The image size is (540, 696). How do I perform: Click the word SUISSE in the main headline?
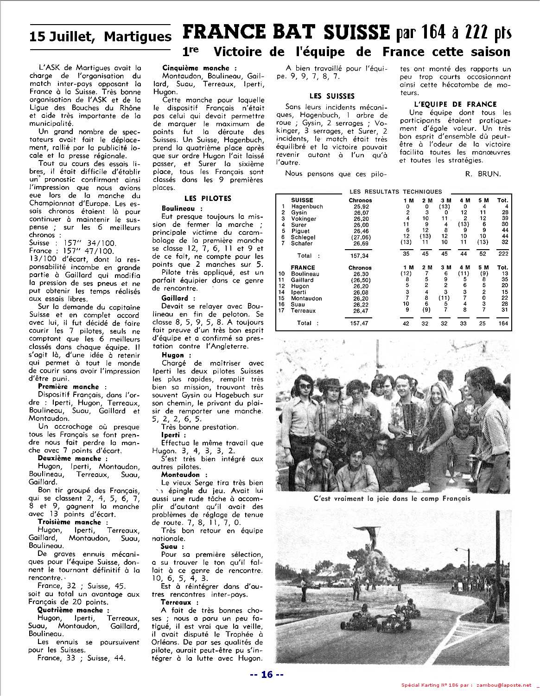coord(356,32)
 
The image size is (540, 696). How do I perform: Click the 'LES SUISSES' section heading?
coord(332,96)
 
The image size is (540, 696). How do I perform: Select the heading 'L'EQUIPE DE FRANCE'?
coord(455,104)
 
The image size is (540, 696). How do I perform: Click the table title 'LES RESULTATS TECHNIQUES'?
coord(395,191)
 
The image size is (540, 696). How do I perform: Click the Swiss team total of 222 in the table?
coord(502,255)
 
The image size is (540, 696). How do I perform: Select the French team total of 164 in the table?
coord(503,323)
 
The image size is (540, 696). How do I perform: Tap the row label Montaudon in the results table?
coord(306,298)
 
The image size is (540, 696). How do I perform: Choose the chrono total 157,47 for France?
coord(360,323)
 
